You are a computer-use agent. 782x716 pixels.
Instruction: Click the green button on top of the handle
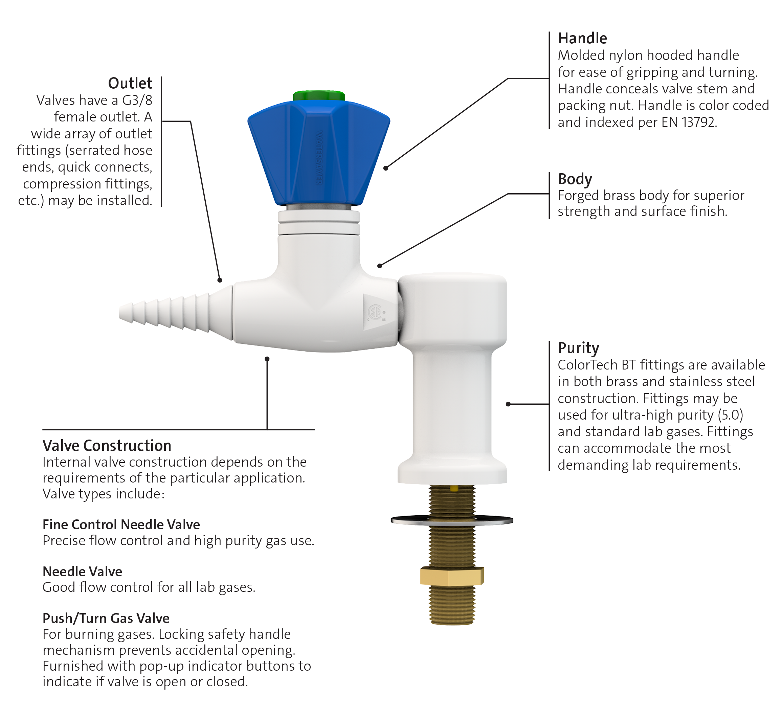pyautogui.click(x=318, y=95)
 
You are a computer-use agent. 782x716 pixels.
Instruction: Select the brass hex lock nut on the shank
pyautogui.click(x=452, y=576)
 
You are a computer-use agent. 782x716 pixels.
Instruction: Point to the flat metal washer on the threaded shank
pyautogui.click(x=452, y=520)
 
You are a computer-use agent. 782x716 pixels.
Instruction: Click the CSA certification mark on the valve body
pyautogui.click(x=376, y=312)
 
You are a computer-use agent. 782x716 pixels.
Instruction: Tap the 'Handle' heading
pyautogui.click(x=582, y=38)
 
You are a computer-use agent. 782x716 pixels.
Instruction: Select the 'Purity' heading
pyautogui.click(x=578, y=348)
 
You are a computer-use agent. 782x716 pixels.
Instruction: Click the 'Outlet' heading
pyautogui.click(x=130, y=83)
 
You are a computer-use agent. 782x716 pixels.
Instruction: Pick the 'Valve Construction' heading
pyautogui.click(x=107, y=446)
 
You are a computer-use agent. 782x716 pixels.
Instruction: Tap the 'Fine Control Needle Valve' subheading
pyautogui.click(x=121, y=524)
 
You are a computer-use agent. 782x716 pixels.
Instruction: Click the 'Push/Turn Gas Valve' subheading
pyautogui.click(x=106, y=618)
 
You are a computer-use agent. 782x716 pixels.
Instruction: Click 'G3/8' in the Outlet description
pyautogui.click(x=137, y=100)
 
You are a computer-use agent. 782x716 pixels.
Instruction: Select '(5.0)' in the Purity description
pyautogui.click(x=731, y=415)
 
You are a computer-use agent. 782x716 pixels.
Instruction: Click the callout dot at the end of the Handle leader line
pyautogui.click(x=385, y=168)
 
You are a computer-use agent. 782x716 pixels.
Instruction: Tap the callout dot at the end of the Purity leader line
pyautogui.click(x=508, y=404)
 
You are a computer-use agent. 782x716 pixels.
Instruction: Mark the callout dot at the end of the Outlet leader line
pyautogui.click(x=220, y=280)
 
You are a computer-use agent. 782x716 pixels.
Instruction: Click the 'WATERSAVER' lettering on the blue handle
pyautogui.click(x=319, y=157)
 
